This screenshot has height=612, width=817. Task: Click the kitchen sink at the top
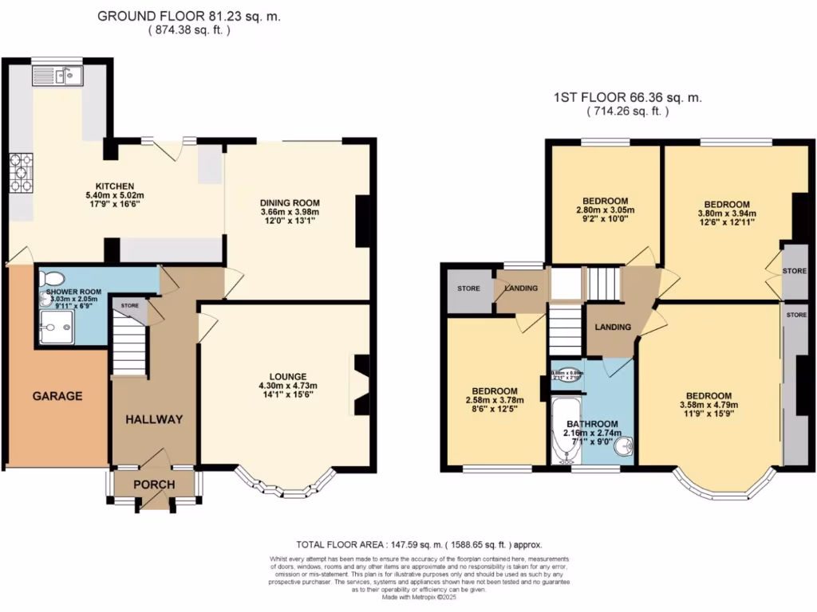pyautogui.click(x=57, y=76)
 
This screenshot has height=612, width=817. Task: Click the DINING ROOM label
pyautogui.click(x=290, y=202)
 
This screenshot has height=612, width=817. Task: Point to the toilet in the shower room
pyautogui.click(x=53, y=278)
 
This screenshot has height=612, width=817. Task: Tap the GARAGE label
pyautogui.click(x=57, y=395)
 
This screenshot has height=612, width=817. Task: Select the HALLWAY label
pyautogui.click(x=154, y=419)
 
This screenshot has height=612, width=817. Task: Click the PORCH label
pyautogui.click(x=154, y=484)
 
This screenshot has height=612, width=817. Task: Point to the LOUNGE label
pyautogui.click(x=288, y=377)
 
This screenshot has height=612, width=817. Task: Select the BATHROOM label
pyautogui.click(x=593, y=423)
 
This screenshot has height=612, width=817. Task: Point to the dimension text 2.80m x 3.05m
pyautogui.click(x=605, y=211)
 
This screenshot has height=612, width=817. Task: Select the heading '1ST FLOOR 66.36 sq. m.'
pyautogui.click(x=627, y=98)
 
